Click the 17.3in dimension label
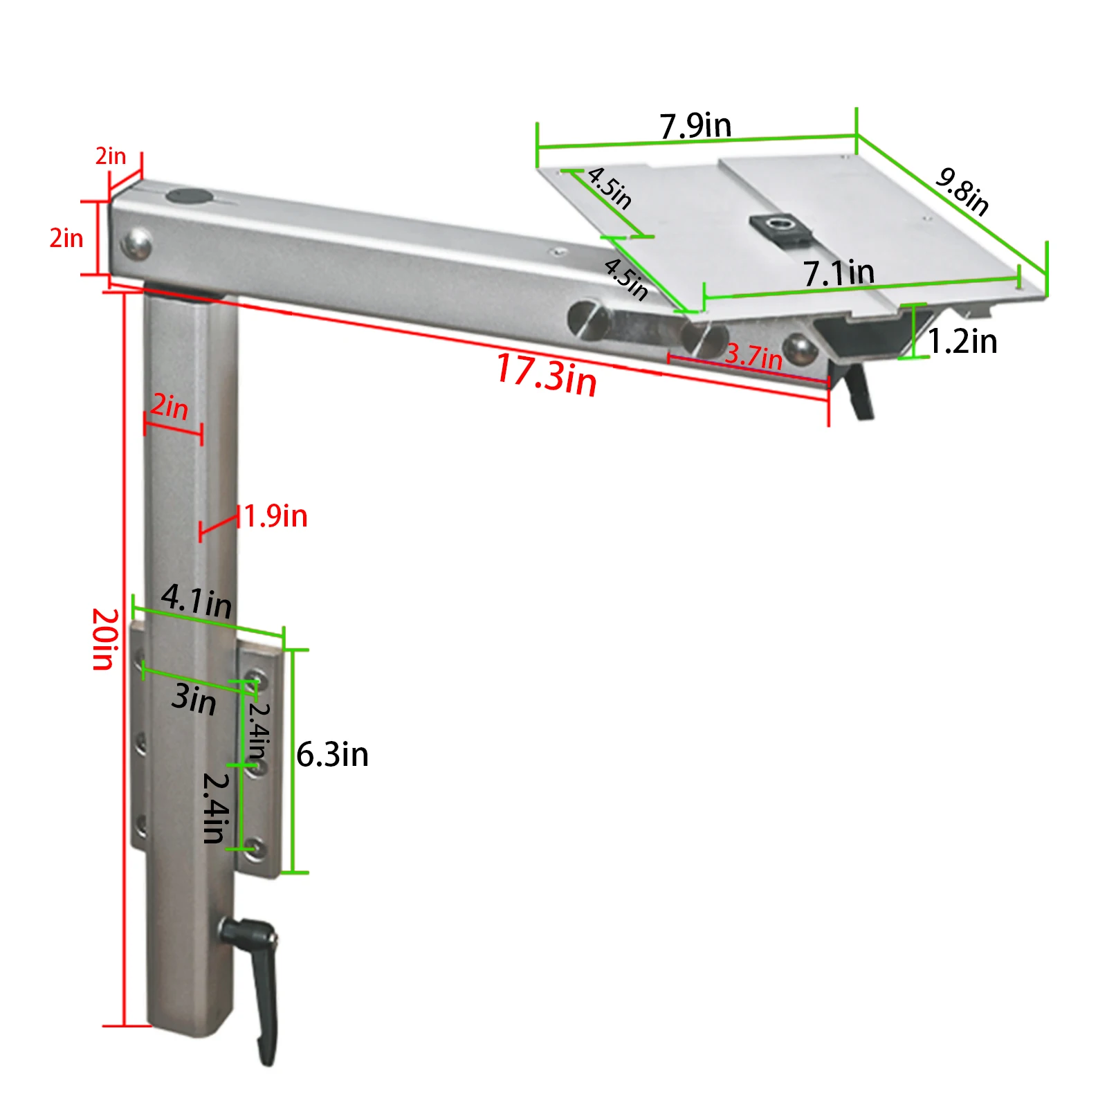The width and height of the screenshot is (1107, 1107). (547, 375)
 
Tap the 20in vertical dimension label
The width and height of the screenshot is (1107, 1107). (104, 639)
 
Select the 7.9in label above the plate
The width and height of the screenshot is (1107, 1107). (695, 126)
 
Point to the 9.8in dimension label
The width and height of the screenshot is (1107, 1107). (962, 191)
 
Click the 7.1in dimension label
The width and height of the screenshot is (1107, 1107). (839, 273)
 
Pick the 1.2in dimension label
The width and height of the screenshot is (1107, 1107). (962, 342)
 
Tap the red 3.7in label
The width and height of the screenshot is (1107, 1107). (753, 356)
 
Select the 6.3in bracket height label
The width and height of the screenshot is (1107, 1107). (332, 754)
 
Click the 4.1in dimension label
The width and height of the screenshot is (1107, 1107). (196, 601)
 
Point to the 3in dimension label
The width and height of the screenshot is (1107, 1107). (194, 699)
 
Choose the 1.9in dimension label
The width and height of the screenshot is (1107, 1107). (275, 517)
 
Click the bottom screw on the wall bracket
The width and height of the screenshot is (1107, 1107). (255, 848)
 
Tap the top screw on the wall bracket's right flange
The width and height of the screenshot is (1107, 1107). (256, 679)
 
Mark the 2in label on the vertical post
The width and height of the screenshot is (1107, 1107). (170, 407)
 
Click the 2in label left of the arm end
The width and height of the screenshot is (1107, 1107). (66, 238)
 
